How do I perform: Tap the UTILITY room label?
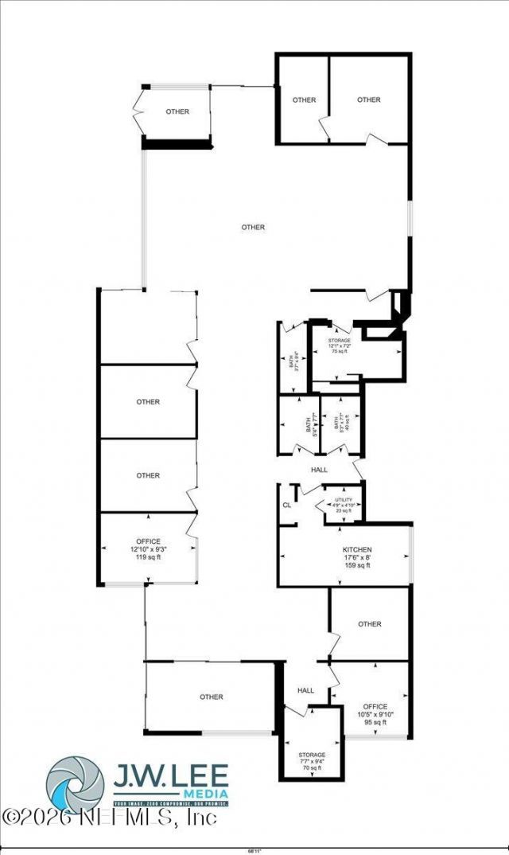click(343, 499)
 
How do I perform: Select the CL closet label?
click(286, 506)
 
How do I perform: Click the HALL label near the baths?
click(320, 470)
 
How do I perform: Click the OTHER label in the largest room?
click(253, 228)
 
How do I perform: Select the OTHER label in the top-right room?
click(369, 100)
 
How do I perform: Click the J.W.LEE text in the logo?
click(170, 774)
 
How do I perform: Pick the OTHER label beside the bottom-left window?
click(212, 697)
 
